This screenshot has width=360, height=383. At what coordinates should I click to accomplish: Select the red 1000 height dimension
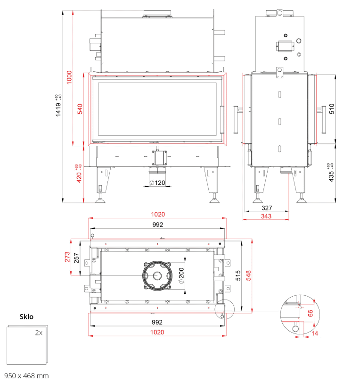click(70, 77)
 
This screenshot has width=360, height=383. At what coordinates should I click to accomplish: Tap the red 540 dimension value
click(80, 109)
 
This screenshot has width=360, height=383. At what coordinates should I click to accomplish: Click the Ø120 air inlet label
click(157, 183)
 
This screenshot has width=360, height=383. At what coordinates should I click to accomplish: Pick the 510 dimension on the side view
click(332, 108)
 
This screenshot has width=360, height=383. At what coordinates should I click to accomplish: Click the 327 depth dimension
click(267, 208)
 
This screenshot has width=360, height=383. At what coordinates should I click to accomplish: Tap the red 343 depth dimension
click(266, 216)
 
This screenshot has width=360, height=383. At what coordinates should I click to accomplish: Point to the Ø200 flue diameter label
click(181, 276)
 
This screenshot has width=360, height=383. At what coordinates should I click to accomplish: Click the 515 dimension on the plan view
click(238, 275)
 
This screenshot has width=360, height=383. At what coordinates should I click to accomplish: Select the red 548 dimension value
click(248, 275)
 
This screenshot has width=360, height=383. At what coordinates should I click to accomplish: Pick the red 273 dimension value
click(67, 257)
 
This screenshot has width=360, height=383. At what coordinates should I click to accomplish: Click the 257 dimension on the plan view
click(77, 258)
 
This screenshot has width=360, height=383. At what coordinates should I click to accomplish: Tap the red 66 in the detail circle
click(311, 313)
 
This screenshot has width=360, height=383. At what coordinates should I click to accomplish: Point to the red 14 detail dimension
click(315, 333)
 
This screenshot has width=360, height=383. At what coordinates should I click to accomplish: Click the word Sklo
click(26, 316)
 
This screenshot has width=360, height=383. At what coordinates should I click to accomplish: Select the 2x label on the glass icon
click(39, 333)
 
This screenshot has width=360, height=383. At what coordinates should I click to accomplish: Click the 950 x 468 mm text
click(26, 375)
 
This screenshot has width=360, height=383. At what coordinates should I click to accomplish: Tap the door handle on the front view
click(222, 120)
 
